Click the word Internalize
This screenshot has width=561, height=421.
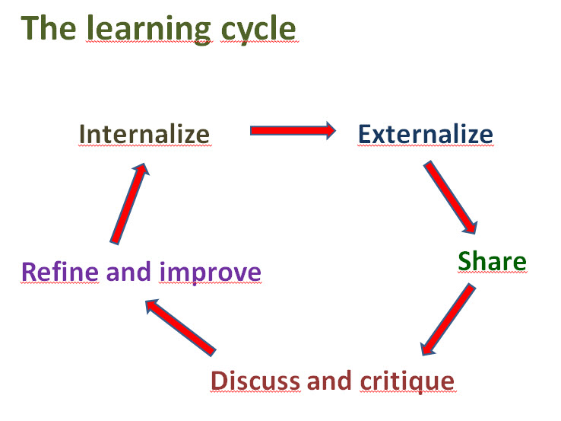(144, 134)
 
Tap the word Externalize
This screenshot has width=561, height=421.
(425, 134)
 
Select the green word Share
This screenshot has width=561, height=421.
(492, 261)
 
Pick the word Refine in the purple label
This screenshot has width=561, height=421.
(60, 271)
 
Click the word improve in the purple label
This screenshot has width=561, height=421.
(210, 271)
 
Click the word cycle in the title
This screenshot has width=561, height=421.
(256, 27)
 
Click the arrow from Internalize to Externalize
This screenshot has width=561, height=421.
(292, 131)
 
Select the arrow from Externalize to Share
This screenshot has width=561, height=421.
(451, 197)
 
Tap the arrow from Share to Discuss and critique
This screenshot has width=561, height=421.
(448, 320)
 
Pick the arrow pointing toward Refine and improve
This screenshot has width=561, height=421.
(180, 327)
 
